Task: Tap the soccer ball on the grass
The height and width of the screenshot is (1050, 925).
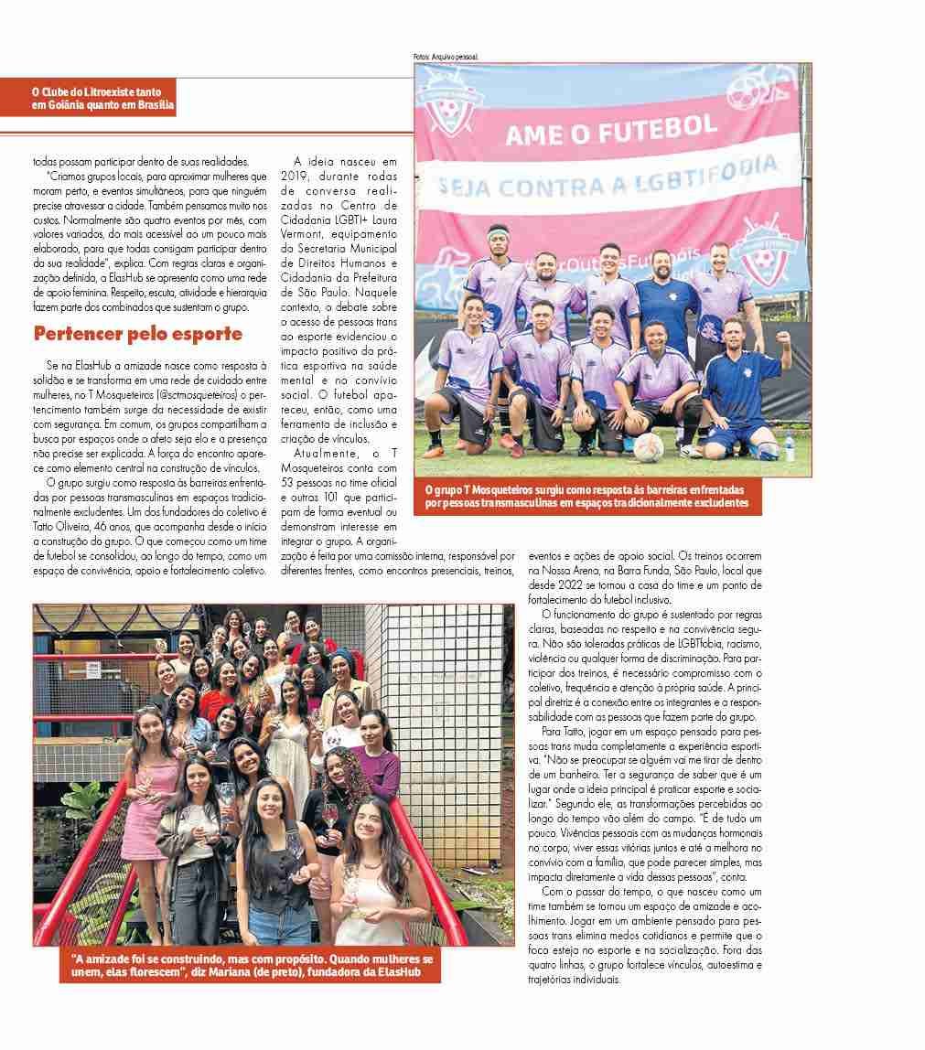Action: pos(650,446)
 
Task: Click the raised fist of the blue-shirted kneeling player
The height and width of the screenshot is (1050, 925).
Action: pos(783,337)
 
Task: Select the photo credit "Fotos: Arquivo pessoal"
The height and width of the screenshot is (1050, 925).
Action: pos(446,57)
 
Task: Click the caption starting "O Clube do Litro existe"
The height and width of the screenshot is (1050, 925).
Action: pos(101,99)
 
